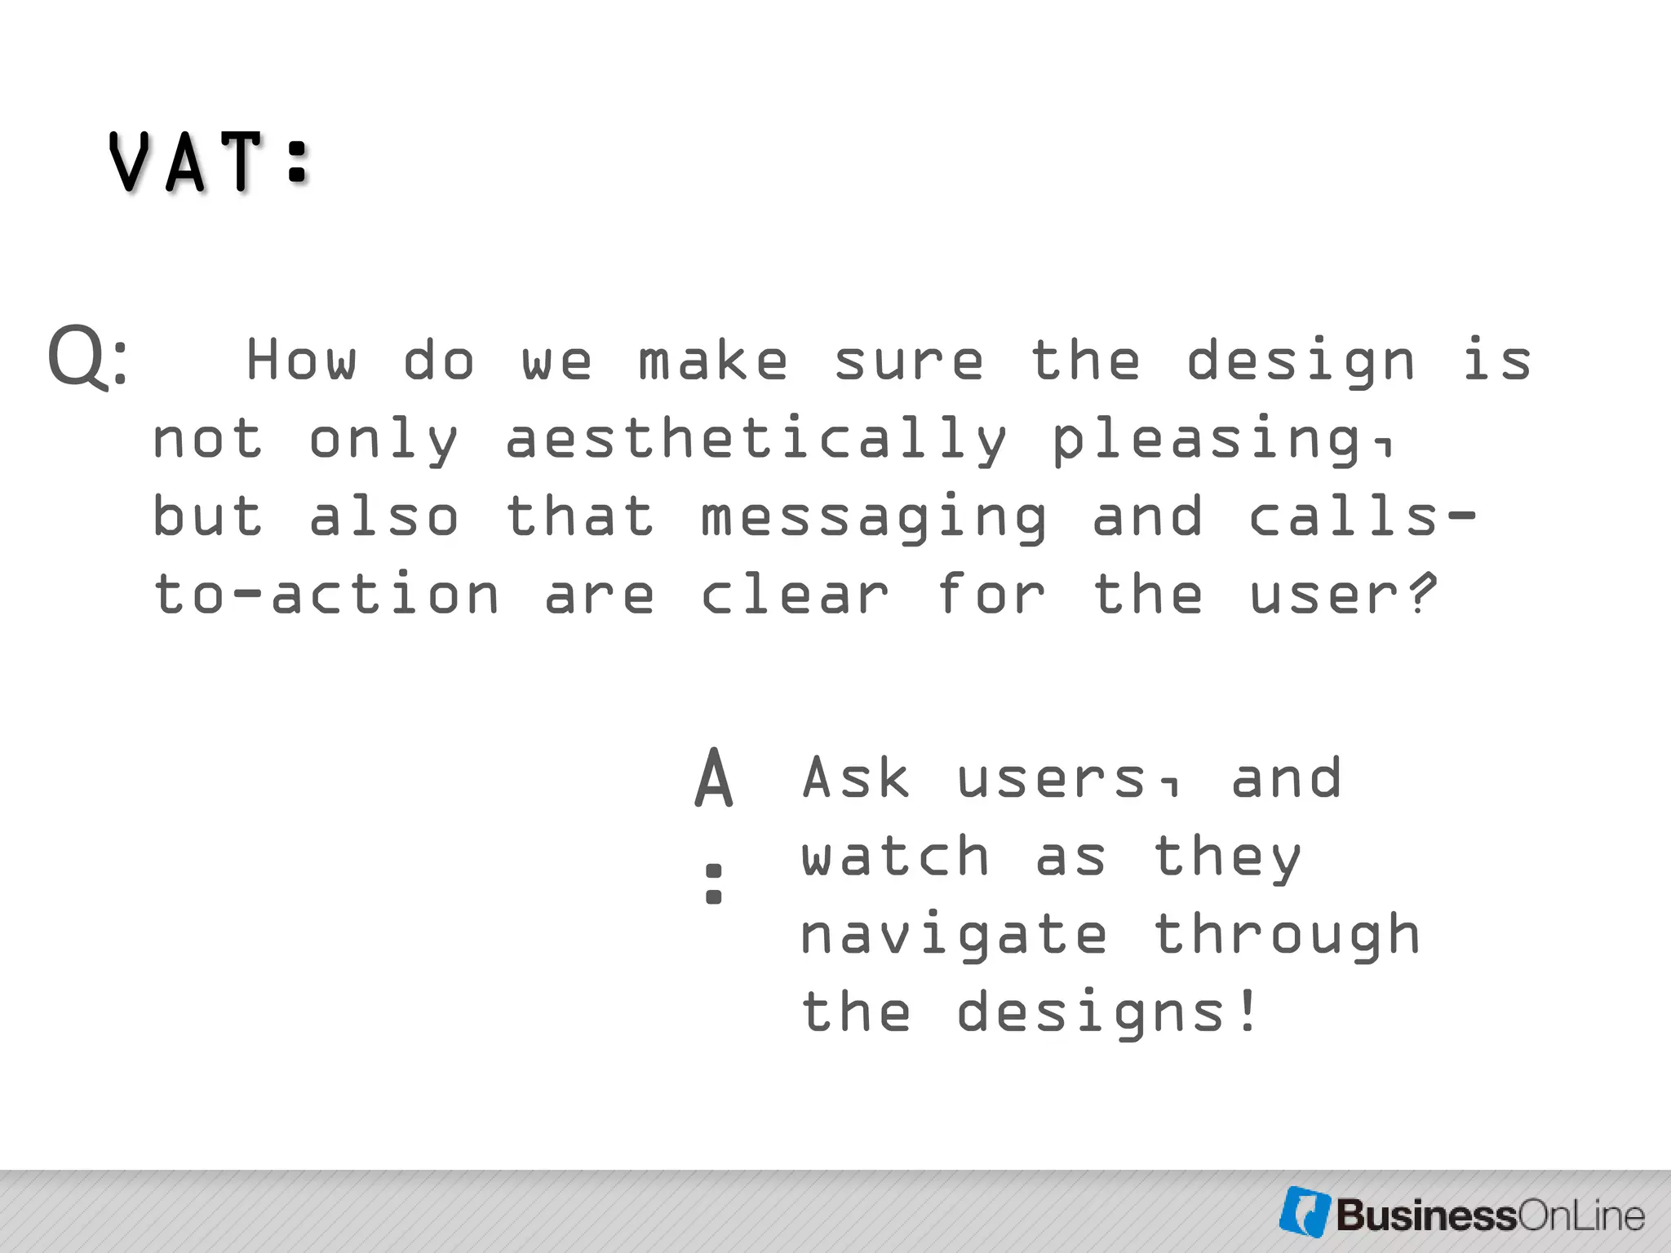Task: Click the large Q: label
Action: [x=88, y=356]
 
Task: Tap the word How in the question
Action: [x=302, y=360]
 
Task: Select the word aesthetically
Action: [x=756, y=438]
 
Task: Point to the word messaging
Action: [x=874, y=517]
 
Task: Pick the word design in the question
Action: [x=1301, y=361]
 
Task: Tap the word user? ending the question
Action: [x=1342, y=594]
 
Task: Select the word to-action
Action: [x=326, y=594]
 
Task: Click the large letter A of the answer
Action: [x=714, y=779]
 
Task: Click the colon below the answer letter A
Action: [x=714, y=883]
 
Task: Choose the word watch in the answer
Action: [x=895, y=857]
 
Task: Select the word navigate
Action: [x=954, y=935]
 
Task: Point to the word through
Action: [x=1287, y=935]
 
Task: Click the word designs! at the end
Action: [x=1107, y=1012]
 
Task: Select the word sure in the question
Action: [x=909, y=361]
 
